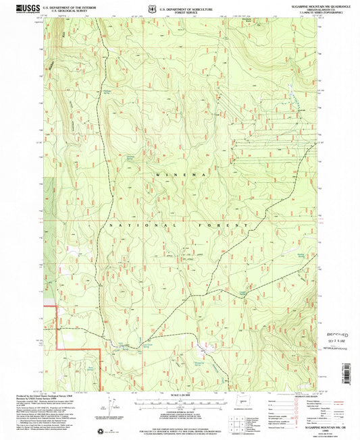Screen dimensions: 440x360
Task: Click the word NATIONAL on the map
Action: point(128,225)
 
